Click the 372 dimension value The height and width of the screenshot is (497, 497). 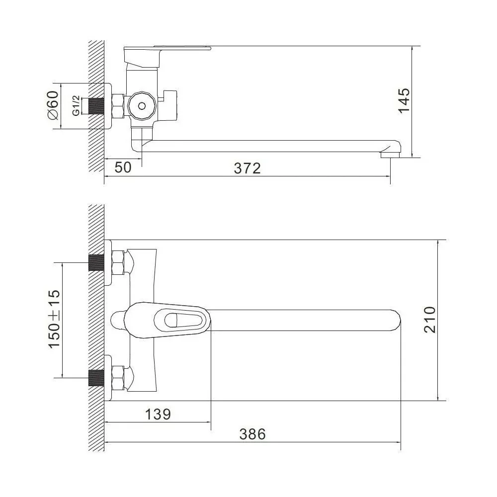click(247, 168)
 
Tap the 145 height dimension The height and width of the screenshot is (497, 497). click(404, 100)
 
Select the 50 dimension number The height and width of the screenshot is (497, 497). click(123, 167)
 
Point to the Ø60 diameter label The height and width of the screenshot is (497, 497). click(53, 105)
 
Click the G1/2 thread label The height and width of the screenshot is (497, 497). click(76, 105)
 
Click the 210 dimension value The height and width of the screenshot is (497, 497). click(430, 320)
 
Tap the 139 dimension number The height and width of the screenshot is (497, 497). click(158, 414)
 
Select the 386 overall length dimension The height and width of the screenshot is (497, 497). click(252, 434)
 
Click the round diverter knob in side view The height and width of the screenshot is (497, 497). click(142, 105)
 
